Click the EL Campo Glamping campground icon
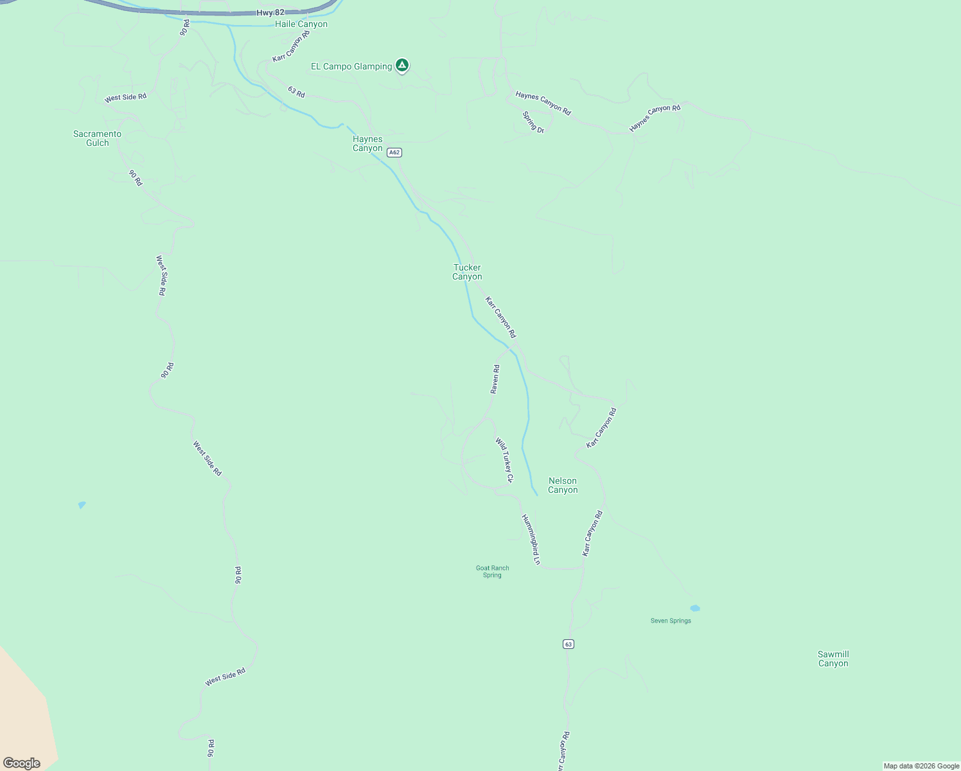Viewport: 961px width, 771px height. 402,66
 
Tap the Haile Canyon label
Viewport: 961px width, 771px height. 301,24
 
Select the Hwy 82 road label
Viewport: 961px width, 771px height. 270,12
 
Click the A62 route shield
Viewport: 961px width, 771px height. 394,153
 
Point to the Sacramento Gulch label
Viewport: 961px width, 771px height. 97,138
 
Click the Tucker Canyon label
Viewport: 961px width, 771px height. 467,272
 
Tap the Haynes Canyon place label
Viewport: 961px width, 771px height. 367,143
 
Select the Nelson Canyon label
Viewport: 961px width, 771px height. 563,485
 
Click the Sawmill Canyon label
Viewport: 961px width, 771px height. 833,659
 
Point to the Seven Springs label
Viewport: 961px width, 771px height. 671,621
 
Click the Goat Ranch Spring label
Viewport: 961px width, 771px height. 492,571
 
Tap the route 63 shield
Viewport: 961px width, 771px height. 568,644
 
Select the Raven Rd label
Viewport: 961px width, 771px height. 495,379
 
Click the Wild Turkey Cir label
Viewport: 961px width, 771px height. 504,460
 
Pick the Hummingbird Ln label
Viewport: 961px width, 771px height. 531,539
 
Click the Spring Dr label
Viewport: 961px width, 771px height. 533,122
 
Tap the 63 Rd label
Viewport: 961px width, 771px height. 296,92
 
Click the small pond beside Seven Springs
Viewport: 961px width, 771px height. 694,608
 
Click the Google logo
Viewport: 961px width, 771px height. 22,763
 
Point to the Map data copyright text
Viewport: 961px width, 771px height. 921,766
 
